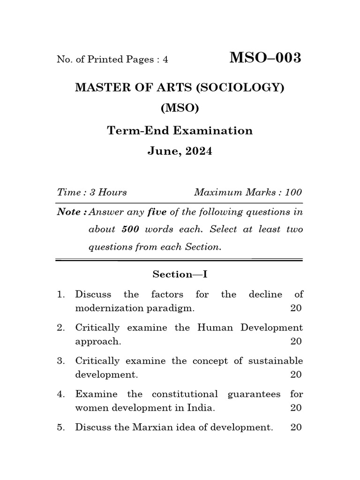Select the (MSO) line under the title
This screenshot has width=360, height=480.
pyautogui.click(x=180, y=108)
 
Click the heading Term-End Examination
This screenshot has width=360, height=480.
pyautogui.click(x=180, y=130)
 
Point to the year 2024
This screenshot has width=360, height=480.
pyautogui.click(x=197, y=151)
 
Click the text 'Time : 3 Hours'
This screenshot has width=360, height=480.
pyautogui.click(x=92, y=192)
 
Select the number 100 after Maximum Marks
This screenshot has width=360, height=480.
pyautogui.click(x=293, y=192)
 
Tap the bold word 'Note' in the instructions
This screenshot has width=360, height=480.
pyautogui.click(x=69, y=212)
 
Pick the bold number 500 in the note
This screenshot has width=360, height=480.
pyautogui.click(x=130, y=229)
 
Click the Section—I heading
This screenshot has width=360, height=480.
pyautogui.click(x=180, y=275)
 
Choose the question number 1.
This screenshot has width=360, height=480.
pyautogui.click(x=60, y=294)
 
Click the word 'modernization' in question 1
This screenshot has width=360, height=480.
pyautogui.click(x=109, y=308)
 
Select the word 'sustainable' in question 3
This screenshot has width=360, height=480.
pyautogui.click(x=276, y=360)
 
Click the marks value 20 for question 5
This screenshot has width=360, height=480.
pyautogui.click(x=296, y=427)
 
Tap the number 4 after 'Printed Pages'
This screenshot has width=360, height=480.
pyautogui.click(x=165, y=60)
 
